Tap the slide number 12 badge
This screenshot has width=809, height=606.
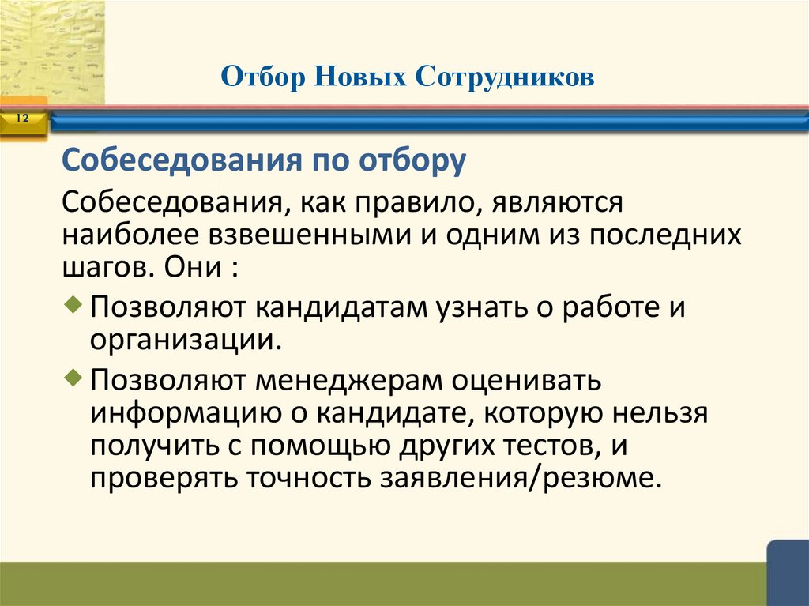21,119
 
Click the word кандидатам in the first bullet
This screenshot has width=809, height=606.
341,309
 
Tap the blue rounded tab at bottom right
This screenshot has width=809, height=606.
788,574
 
